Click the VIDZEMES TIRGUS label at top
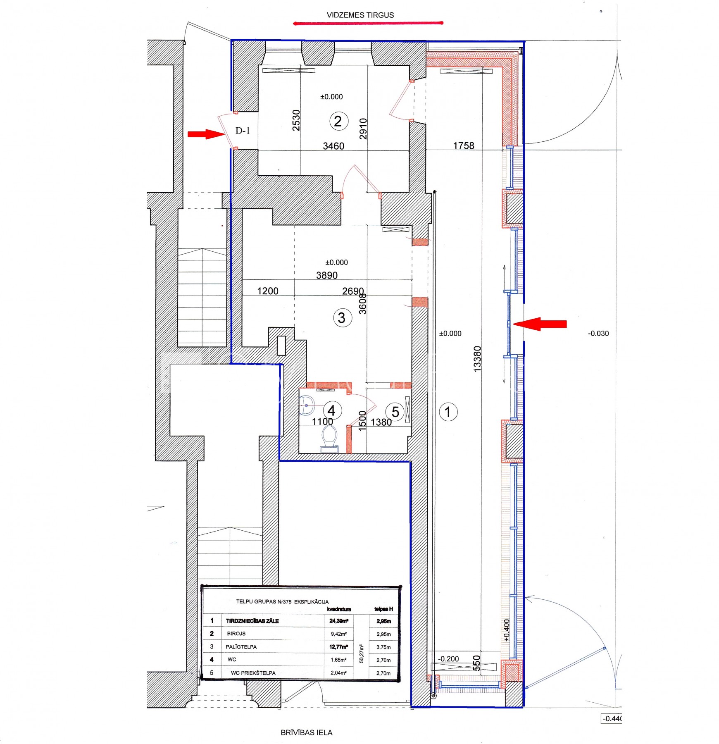click(360, 15)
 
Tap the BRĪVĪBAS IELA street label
click(306, 732)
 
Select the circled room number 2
click(338, 121)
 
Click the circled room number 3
click(342, 318)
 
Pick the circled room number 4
click(332, 411)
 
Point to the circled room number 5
click(395, 412)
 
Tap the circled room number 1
click(448, 412)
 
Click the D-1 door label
click(243, 131)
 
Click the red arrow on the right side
click(540, 324)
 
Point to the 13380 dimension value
click(477, 359)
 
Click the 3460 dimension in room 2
click(333, 146)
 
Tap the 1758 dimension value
click(464, 145)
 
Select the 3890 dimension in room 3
click(327, 275)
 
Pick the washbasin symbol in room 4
click(307, 405)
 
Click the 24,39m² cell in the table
click(339, 621)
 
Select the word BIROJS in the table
click(236, 634)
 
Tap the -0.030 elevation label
click(598, 334)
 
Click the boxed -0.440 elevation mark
click(612, 718)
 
